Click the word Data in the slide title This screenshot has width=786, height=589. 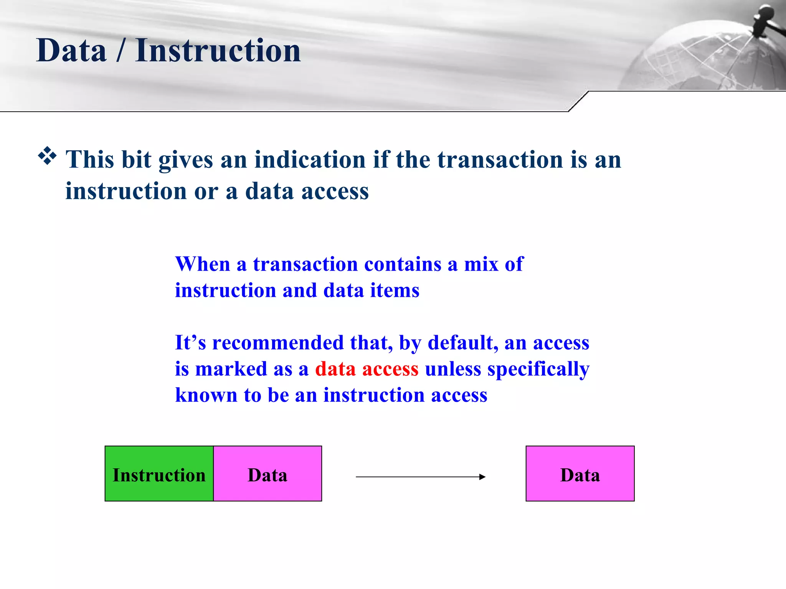click(71, 51)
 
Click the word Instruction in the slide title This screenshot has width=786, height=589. click(218, 51)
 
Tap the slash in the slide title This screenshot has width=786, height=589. click(121, 51)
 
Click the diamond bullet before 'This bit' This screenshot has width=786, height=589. click(47, 156)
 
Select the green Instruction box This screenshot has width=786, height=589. click(159, 474)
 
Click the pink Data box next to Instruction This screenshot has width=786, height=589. click(268, 474)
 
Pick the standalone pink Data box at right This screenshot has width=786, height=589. click(580, 474)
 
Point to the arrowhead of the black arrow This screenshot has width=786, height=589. click(482, 477)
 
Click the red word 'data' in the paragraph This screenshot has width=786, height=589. click(335, 369)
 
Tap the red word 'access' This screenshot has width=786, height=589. click(390, 369)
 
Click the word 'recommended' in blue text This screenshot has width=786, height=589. click(278, 342)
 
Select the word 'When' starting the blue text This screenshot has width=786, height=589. click(202, 264)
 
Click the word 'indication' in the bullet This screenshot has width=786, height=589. click(310, 159)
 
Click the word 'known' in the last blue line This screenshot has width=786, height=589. click(206, 395)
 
